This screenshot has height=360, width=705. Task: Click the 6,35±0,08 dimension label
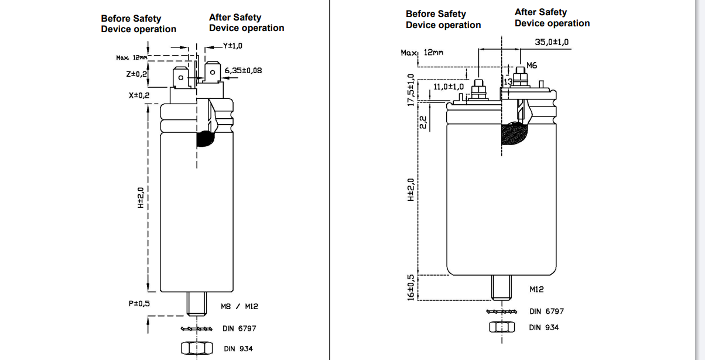(243, 70)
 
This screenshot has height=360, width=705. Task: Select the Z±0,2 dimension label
(136, 74)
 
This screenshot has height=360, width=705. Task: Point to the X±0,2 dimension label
(139, 95)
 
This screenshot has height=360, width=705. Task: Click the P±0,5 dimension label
(139, 303)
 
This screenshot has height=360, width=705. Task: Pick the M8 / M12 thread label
(239, 306)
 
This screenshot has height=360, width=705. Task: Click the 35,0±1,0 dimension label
(552, 42)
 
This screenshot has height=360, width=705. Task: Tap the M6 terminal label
(532, 65)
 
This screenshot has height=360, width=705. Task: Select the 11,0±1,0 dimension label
(449, 87)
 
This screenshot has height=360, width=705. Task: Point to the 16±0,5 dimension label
(411, 287)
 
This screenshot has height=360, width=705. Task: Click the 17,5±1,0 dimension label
(411, 90)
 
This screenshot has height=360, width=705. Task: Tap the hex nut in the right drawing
(502, 327)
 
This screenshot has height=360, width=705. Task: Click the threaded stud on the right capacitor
(502, 287)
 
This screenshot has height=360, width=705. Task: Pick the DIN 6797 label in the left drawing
(239, 328)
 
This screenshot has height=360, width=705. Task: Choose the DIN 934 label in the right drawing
(543, 327)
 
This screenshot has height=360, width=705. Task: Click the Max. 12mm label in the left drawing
(131, 57)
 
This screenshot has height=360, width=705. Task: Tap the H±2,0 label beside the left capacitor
(141, 198)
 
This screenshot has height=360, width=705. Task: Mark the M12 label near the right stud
(536, 289)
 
